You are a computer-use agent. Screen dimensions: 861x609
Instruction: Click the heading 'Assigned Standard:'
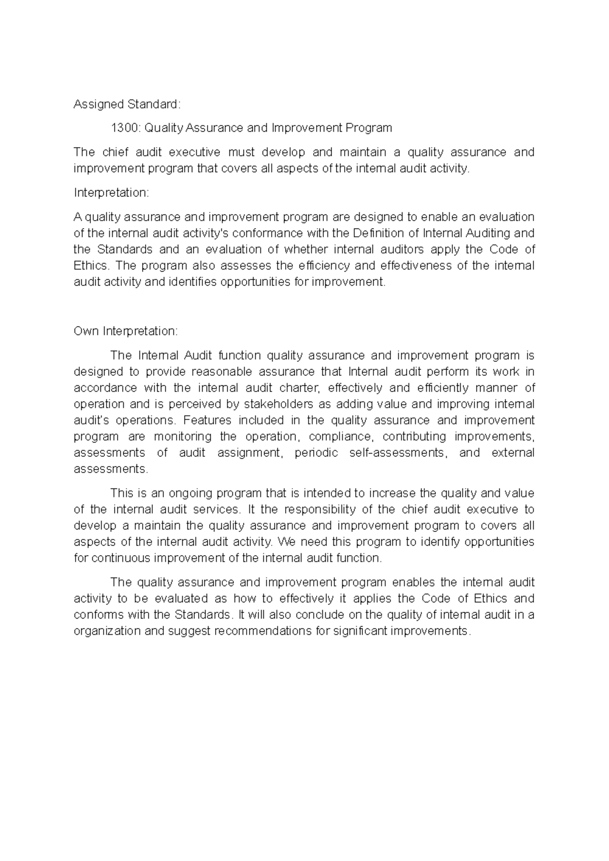pos(127,104)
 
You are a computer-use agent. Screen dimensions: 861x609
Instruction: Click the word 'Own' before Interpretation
pos(86,331)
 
